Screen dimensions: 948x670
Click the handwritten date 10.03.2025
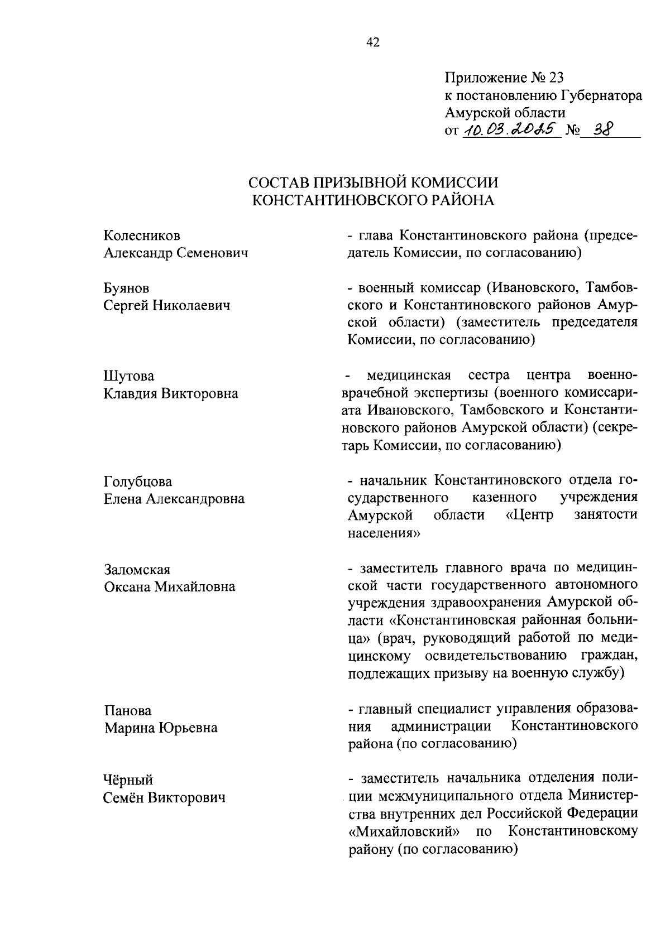(509, 129)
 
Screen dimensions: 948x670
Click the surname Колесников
(142, 236)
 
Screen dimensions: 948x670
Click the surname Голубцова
(138, 482)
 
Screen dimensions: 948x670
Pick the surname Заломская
(137, 570)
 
